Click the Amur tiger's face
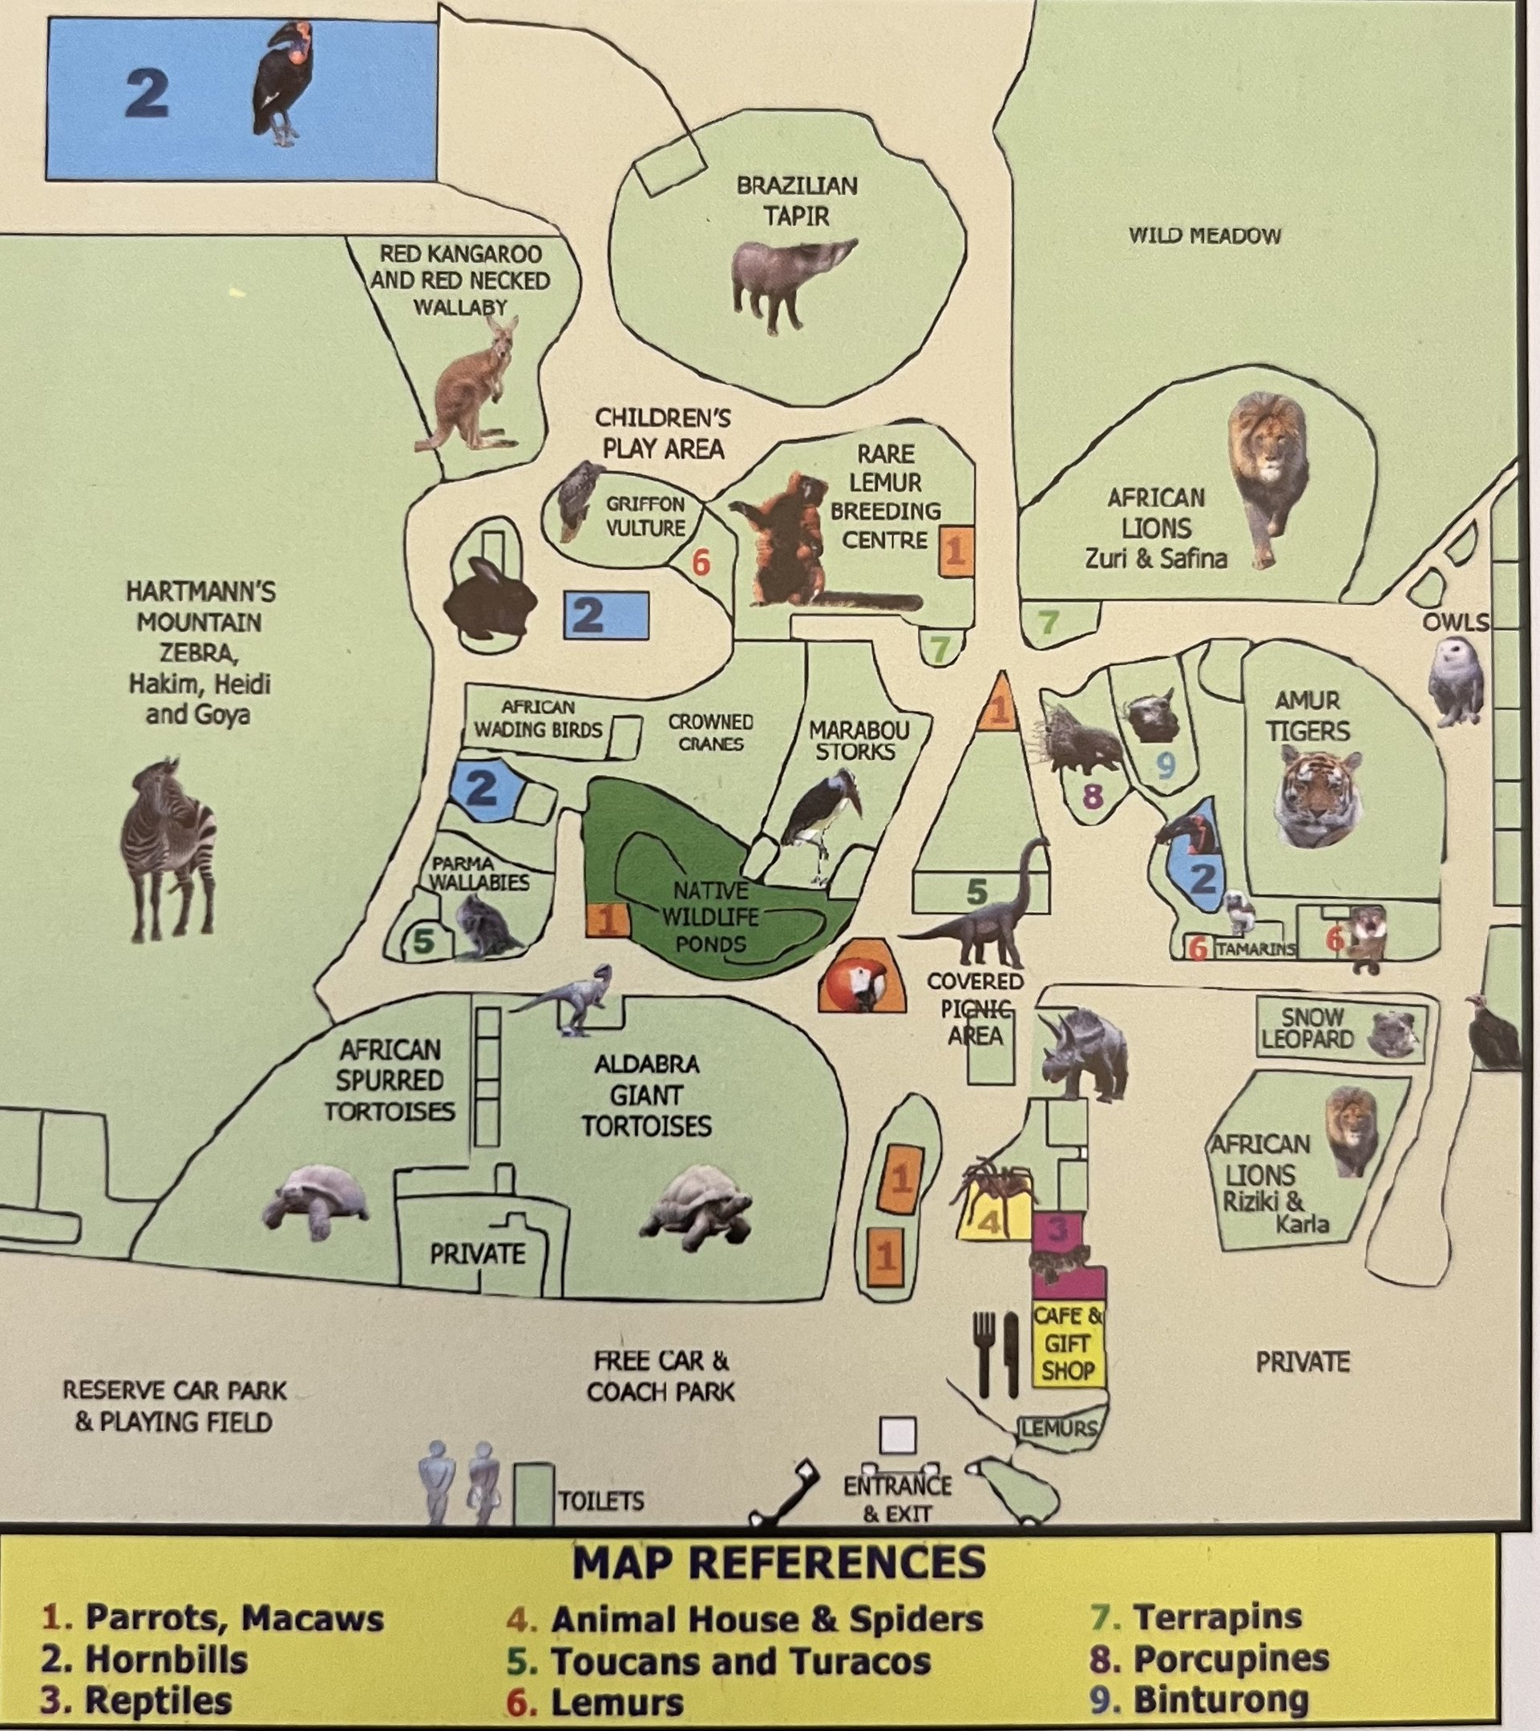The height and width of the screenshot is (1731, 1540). point(1317,797)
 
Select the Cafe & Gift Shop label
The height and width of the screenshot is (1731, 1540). point(1068,1343)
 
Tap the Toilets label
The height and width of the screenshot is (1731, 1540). point(600,1501)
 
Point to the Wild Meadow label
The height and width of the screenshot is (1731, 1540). point(1204,236)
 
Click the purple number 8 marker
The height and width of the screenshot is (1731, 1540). point(1093,796)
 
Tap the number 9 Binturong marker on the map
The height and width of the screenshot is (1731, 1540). point(1166,765)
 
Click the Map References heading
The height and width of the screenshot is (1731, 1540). point(778,1564)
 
